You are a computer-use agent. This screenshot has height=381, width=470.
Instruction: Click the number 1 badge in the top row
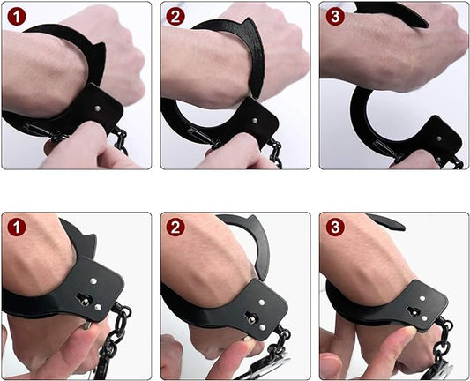click(17, 17)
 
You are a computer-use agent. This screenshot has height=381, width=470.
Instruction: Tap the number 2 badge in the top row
click(175, 17)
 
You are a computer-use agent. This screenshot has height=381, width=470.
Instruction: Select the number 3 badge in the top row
click(335, 17)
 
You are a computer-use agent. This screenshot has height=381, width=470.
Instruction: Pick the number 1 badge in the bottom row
click(17, 227)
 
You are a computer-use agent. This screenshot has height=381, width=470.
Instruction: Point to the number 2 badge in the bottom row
click(175, 227)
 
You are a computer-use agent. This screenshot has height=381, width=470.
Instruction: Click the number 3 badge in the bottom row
click(335, 227)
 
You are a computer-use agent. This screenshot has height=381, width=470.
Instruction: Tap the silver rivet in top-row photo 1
click(97, 108)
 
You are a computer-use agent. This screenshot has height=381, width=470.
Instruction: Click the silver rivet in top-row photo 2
click(255, 121)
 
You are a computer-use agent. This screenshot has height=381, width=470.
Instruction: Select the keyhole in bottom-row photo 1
click(85, 299)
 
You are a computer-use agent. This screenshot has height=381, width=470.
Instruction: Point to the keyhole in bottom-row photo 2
click(250, 317)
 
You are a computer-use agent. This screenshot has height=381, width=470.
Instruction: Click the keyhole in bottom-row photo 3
click(413, 310)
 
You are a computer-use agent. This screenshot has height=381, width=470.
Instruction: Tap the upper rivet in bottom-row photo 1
click(93, 281)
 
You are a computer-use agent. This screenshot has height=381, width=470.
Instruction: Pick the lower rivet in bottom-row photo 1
click(98, 307)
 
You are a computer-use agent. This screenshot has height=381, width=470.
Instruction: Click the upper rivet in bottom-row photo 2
click(262, 303)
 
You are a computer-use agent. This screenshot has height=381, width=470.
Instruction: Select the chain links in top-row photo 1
click(121, 140)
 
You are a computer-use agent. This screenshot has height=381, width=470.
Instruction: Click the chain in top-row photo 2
click(276, 153)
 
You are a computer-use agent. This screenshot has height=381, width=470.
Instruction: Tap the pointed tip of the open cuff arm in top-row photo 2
click(257, 97)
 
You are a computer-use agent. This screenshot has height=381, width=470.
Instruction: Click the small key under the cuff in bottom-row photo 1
click(86, 325)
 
